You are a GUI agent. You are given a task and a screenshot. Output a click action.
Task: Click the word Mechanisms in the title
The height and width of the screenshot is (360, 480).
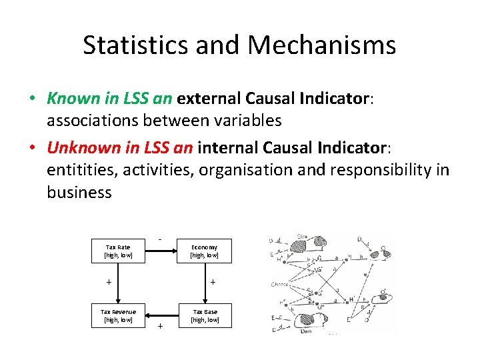coord(323,45)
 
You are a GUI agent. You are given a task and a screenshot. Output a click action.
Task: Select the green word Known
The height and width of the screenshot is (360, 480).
coord(73,99)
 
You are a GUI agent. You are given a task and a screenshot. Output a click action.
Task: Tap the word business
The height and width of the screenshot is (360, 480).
coord(79,192)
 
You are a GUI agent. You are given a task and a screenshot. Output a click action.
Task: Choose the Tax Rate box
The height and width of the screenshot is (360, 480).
coord(118,251)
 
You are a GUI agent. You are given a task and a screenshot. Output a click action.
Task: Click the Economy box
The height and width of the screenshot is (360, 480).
coord(204,251)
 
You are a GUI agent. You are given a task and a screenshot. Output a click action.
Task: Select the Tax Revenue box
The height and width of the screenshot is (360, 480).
coord(118,315)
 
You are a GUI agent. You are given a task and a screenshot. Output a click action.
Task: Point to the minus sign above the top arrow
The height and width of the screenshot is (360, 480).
coord(160,239)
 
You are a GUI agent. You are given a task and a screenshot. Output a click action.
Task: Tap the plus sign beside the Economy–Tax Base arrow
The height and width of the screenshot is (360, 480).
coord(213,283)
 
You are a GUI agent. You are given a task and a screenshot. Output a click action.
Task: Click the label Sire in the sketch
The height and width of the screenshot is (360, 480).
coord(303,237)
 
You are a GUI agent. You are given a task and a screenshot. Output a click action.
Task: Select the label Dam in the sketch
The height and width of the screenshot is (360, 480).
coord(306,330)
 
